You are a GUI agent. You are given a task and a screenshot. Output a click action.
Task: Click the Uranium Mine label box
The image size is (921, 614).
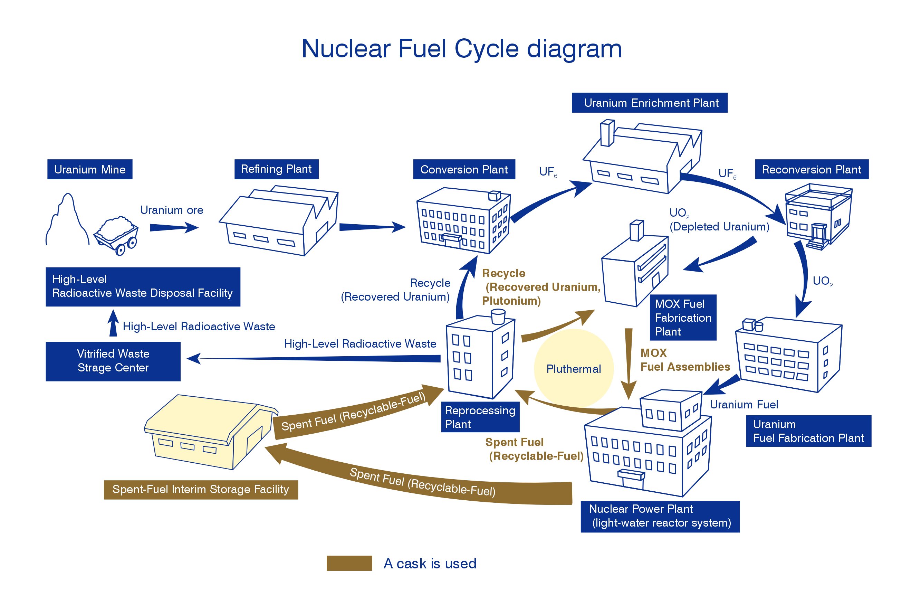(x=89, y=169)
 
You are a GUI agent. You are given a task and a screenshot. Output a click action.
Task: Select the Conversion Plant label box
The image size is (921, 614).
(x=464, y=169)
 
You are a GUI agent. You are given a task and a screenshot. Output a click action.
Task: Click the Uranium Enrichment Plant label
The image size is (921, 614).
(x=649, y=103)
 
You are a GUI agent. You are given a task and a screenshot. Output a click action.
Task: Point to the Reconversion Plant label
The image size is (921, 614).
(x=811, y=169)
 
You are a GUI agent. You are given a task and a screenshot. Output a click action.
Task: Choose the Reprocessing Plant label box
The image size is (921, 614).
(x=480, y=417)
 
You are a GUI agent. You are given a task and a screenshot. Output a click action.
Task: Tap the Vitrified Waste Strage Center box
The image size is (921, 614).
(x=113, y=361)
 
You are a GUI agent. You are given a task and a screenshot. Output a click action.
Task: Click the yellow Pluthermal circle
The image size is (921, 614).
(x=573, y=368)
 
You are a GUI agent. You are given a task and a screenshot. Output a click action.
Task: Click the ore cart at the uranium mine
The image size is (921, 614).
(x=117, y=235)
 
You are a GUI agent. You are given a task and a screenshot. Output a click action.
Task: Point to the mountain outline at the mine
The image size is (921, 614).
(x=67, y=219)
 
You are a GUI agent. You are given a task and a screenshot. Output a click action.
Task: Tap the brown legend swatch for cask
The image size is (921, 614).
(x=349, y=563)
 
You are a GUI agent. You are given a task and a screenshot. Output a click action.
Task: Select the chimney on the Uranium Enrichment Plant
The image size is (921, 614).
(x=607, y=133)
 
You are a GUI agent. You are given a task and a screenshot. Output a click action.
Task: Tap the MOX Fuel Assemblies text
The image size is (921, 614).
(x=684, y=360)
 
